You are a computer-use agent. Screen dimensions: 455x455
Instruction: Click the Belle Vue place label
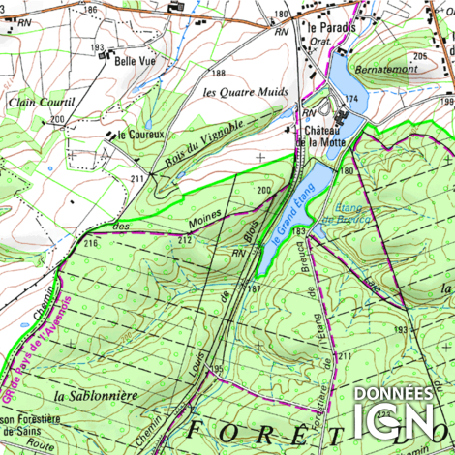136,61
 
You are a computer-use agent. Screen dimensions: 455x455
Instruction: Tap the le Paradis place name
330,28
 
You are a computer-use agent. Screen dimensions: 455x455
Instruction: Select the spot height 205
418,58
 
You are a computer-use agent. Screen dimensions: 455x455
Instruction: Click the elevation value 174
352,100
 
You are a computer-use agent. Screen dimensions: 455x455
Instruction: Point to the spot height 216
90,244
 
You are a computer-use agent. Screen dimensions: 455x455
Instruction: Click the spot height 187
255,289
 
